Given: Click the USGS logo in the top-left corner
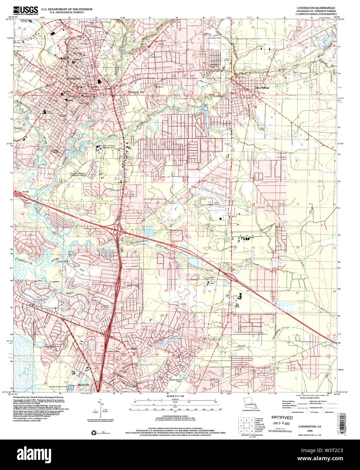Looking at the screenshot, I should (x=25, y=10).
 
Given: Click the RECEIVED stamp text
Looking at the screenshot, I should (x=282, y=418).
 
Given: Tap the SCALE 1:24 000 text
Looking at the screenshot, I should (x=175, y=396).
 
